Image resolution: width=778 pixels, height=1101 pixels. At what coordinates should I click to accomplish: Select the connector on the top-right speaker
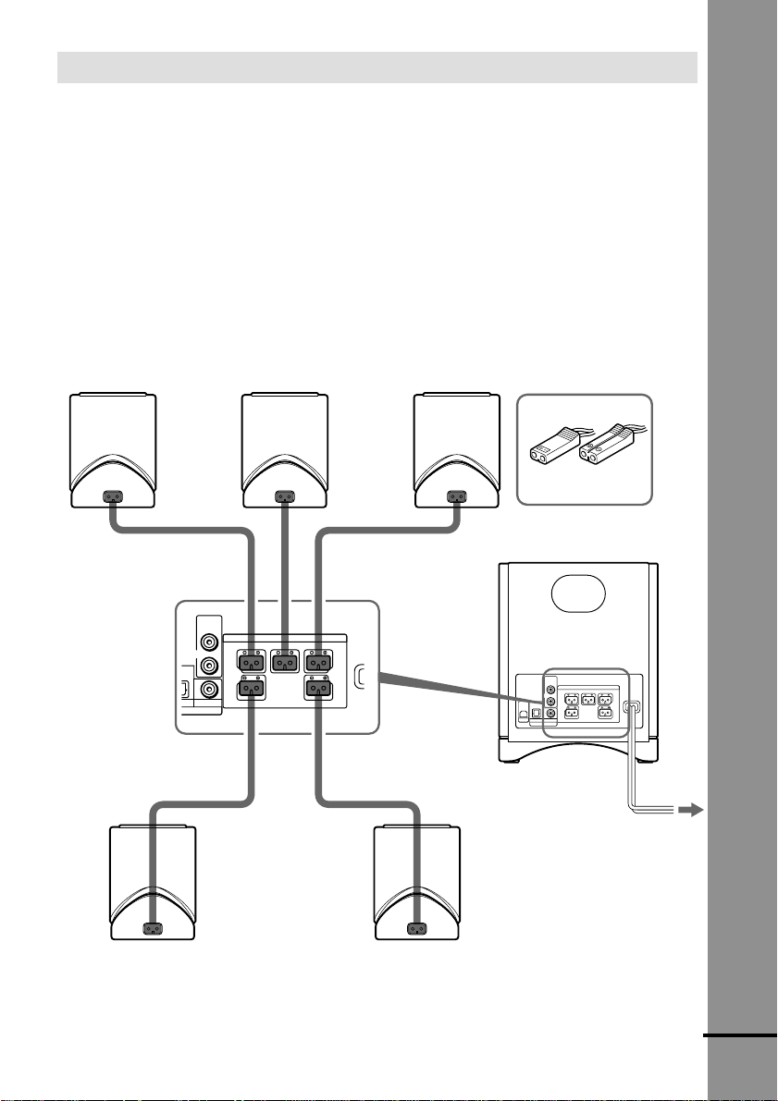pyautogui.click(x=454, y=496)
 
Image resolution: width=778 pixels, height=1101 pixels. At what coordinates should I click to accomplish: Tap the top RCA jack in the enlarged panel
pyautogui.click(x=210, y=639)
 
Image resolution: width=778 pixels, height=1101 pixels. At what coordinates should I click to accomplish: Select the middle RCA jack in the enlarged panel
pyautogui.click(x=210, y=664)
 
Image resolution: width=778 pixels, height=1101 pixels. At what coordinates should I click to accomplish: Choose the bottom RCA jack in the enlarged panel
pyautogui.click(x=210, y=688)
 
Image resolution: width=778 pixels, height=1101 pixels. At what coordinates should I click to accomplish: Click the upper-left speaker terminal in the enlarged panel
pyautogui.click(x=251, y=662)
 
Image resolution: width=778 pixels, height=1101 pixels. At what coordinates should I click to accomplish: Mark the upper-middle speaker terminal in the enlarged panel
pyautogui.click(x=284, y=662)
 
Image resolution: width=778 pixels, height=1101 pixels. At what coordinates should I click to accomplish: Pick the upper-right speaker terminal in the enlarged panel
pyautogui.click(x=317, y=662)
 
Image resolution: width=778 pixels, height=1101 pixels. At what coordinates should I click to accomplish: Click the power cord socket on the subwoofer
pyautogui.click(x=632, y=710)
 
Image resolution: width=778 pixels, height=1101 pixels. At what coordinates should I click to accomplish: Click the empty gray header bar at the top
pyautogui.click(x=377, y=67)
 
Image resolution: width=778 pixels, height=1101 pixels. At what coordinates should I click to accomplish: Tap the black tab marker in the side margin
pyautogui.click(x=740, y=1037)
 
